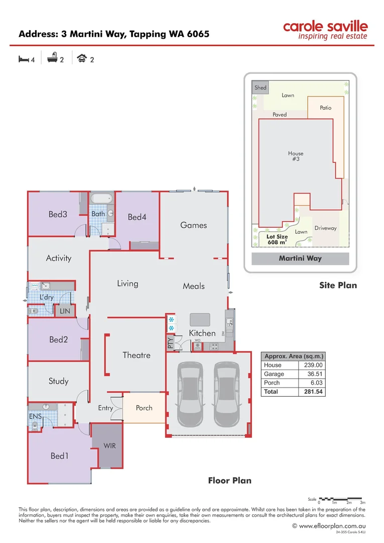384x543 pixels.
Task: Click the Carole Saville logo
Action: point(325,30)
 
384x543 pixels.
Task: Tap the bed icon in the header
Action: point(23,59)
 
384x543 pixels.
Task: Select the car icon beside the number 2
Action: point(81,59)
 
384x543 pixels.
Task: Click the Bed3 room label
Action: point(58,214)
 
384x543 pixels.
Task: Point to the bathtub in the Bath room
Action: point(102,198)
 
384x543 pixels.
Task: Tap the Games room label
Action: point(193,225)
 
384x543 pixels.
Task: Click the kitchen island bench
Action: point(201,320)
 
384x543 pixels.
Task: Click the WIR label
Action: point(109,445)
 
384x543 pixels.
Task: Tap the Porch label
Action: point(144,408)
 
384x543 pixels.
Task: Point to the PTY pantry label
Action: point(170,343)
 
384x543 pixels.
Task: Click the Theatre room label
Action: point(136,355)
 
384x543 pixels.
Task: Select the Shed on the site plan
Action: point(260,87)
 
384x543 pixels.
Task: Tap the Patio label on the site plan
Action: point(325,108)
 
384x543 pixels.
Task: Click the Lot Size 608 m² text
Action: point(277,239)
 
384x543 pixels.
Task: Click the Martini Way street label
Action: point(300,259)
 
